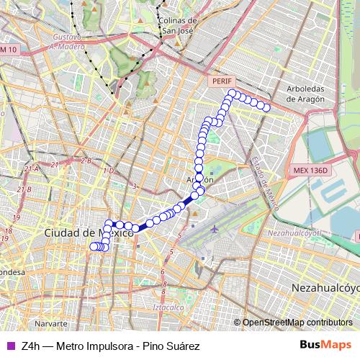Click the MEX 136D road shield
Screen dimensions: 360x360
(x=310, y=171)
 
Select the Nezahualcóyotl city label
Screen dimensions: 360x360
(x=325, y=287)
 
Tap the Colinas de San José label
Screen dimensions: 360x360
(x=177, y=26)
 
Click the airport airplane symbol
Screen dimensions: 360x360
(x=215, y=229)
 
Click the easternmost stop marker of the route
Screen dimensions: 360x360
(x=266, y=108)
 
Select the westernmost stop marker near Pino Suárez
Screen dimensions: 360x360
(x=92, y=247)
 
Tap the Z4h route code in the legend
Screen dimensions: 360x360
(x=31, y=346)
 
